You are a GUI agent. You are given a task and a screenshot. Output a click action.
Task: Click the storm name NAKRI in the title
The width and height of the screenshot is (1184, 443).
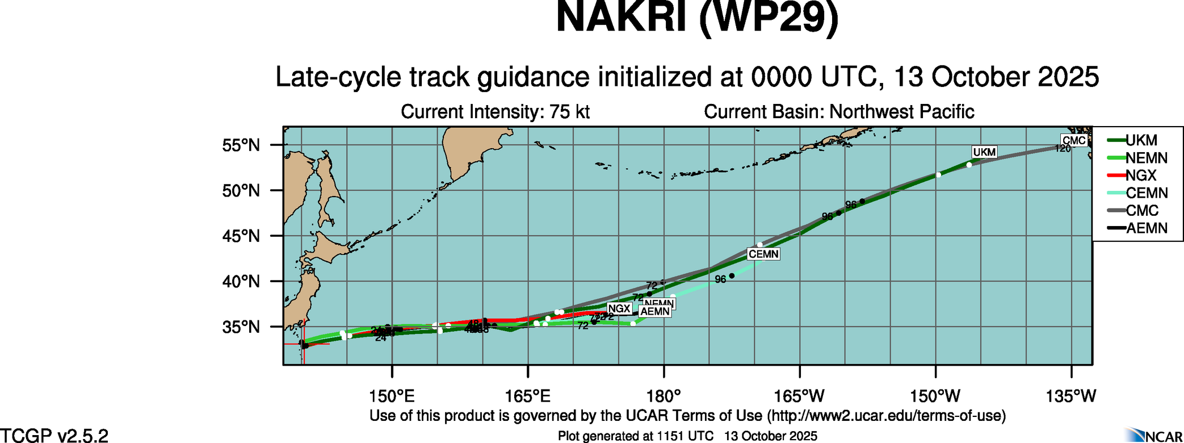pyautogui.click(x=622, y=18)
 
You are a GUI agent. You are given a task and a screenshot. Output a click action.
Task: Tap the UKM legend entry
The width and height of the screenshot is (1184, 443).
pyautogui.click(x=1141, y=140)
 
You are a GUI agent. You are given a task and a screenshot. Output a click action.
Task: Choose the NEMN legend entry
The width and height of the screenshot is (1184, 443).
pyautogui.click(x=1146, y=158)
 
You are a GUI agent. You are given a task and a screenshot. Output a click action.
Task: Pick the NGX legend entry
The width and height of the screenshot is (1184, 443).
pyautogui.click(x=1141, y=175)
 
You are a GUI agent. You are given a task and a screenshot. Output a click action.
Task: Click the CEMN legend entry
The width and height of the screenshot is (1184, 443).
pyautogui.click(x=1146, y=193)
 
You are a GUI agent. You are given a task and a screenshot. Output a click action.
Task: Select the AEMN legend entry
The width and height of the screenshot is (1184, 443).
pyautogui.click(x=1146, y=228)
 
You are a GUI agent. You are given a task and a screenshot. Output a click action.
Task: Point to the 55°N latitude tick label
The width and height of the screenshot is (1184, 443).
pyautogui.click(x=241, y=145)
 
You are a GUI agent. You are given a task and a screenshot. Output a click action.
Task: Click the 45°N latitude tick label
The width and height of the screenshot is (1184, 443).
pyautogui.click(x=241, y=236)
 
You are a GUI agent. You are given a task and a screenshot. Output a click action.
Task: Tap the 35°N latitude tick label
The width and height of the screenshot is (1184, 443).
pyautogui.click(x=241, y=327)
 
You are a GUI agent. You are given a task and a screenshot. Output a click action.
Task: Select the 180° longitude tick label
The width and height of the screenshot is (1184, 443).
pyautogui.click(x=664, y=396)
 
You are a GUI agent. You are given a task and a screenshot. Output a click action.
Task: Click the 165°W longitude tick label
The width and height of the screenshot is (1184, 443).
pyautogui.click(x=800, y=396)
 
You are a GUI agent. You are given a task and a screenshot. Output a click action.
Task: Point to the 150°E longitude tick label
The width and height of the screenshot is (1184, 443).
pyautogui.click(x=392, y=396)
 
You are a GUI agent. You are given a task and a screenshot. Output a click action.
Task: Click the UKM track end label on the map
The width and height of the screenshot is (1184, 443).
pyautogui.click(x=984, y=152)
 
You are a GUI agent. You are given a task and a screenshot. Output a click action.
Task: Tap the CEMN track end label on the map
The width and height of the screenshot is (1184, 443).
pyautogui.click(x=763, y=254)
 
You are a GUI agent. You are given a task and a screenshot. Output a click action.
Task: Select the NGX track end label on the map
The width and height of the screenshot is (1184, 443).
pyautogui.click(x=619, y=308)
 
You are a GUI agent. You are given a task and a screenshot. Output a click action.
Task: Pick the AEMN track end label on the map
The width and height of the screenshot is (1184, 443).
pyautogui.click(x=655, y=311)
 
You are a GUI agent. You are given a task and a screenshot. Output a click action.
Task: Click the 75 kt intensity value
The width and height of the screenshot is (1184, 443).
pyautogui.click(x=569, y=112)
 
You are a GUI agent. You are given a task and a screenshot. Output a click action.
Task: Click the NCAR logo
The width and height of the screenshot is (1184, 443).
pyautogui.click(x=1153, y=435)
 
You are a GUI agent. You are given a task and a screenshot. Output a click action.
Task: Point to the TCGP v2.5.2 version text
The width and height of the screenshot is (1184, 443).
pyautogui.click(x=54, y=436)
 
